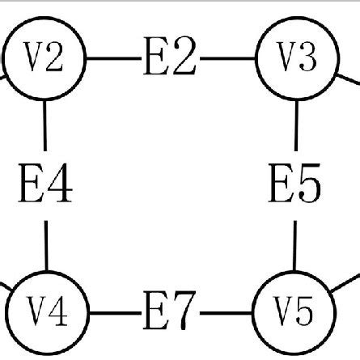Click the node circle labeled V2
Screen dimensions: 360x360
click(44, 59)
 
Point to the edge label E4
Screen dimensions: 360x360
click(44, 184)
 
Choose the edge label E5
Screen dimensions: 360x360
click(295, 186)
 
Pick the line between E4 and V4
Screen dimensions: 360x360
click(45, 243)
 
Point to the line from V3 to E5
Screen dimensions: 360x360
click(296, 129)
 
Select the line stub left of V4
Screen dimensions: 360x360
click(4, 287)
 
